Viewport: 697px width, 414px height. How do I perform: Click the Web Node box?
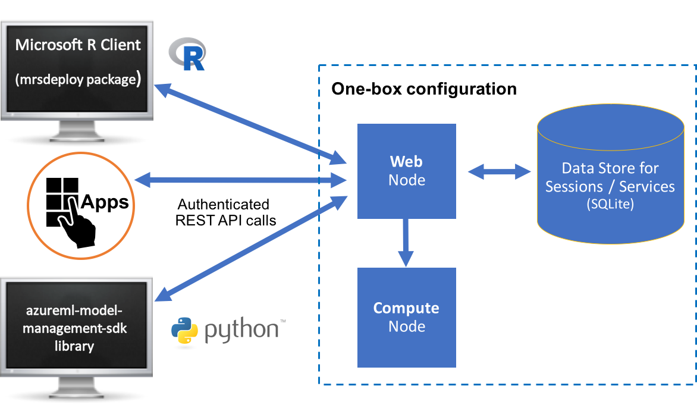point(406,171)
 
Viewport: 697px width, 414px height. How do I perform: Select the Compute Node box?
point(406,317)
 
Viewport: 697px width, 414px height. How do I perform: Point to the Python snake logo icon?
point(184,331)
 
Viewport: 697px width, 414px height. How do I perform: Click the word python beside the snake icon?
point(241,331)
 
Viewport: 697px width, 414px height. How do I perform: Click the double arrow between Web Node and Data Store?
point(499,172)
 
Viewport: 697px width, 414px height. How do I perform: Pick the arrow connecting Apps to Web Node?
point(241,179)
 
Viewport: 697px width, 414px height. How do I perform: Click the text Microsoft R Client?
point(78,45)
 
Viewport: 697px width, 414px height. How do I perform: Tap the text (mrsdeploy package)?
point(78,79)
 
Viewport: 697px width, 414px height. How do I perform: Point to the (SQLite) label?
point(610,204)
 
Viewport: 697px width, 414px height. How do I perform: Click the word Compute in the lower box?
point(406,308)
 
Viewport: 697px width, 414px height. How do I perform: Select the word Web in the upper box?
point(406,161)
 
